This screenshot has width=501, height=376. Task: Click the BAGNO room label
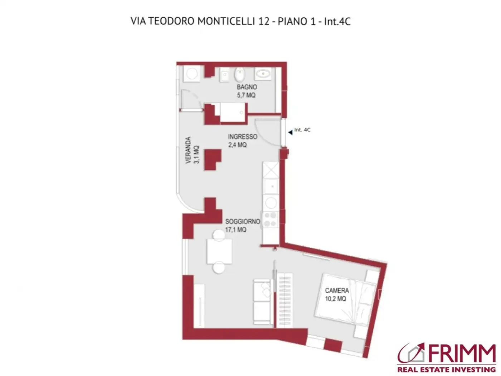[x=247, y=87]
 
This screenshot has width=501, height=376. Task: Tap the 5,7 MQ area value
[x=246, y=95]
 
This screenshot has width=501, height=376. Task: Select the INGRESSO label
[x=242, y=137]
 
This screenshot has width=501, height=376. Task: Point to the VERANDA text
[x=188, y=150]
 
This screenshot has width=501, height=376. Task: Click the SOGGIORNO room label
[x=242, y=222]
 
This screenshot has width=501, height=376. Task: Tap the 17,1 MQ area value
[x=235, y=230]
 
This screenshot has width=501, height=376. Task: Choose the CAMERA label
[x=337, y=290]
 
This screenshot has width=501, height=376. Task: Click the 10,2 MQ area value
[x=335, y=299]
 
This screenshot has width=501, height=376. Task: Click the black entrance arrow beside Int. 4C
[x=290, y=132]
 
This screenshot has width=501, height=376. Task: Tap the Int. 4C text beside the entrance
[x=302, y=130]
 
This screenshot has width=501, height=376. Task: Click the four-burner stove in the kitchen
[x=270, y=220]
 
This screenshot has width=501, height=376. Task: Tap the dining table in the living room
[x=219, y=251]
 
